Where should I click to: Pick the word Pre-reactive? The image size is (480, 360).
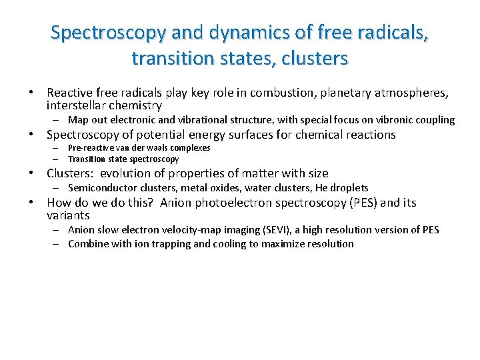pyautogui.click(x=88, y=147)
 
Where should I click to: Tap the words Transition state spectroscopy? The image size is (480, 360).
pyautogui.click(x=123, y=159)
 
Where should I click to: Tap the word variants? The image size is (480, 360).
pyautogui.click(x=68, y=215)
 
